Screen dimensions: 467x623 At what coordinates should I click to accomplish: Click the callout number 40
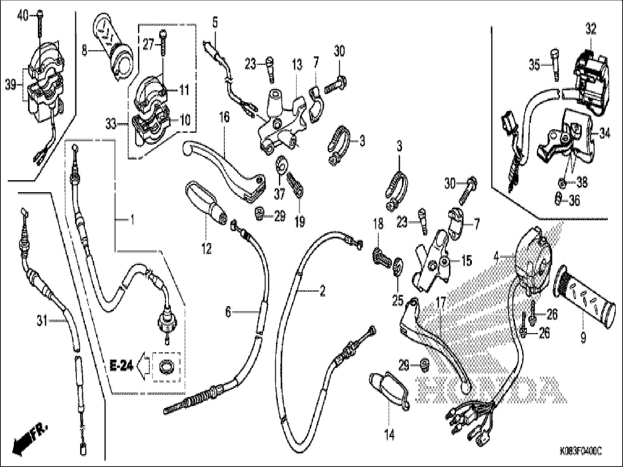(23, 16)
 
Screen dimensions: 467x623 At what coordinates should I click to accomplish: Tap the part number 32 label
(591, 28)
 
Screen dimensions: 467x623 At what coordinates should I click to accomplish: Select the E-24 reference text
(121, 364)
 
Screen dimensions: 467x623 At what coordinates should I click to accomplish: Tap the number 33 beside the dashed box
(111, 124)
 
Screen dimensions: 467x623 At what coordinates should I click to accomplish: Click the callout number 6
(228, 312)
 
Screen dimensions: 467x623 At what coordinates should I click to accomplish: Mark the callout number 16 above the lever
(224, 118)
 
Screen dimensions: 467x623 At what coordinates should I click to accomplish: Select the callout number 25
(398, 300)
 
